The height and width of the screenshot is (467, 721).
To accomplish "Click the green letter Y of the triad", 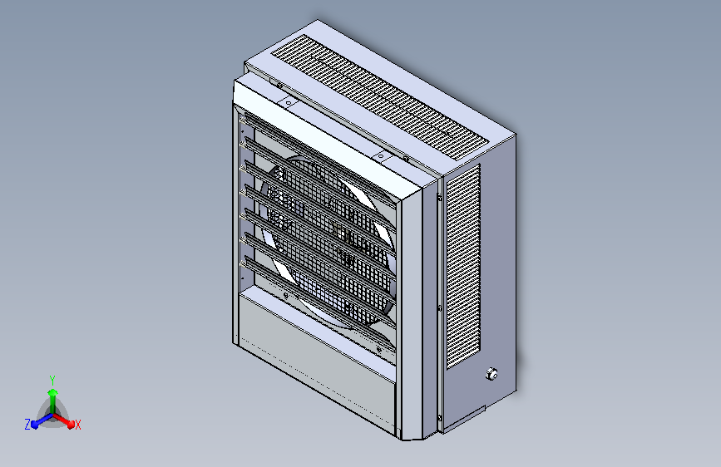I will (x=52, y=379).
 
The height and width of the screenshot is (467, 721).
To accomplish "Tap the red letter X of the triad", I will (x=78, y=425).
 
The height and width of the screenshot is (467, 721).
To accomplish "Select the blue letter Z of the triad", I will (x=27, y=425).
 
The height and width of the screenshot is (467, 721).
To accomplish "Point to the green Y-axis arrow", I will (x=52, y=395).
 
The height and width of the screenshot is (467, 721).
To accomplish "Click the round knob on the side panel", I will (x=491, y=374).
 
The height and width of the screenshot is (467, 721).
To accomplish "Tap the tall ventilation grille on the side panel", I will (x=463, y=266).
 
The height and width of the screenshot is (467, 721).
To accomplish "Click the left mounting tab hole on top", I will (x=288, y=103).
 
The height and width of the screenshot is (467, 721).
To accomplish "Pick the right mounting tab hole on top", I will (x=380, y=155).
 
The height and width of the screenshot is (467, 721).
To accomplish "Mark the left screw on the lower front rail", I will (x=285, y=295).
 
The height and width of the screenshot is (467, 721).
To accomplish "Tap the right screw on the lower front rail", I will (x=382, y=350).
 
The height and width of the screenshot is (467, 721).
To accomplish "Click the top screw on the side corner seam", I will (x=439, y=198).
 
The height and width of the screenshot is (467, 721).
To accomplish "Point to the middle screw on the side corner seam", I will (x=439, y=307).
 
